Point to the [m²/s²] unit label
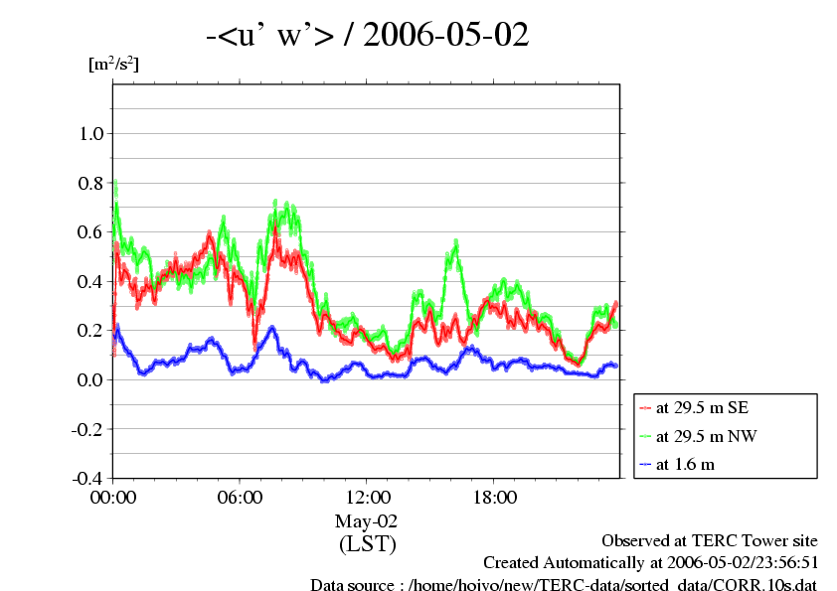[x=113, y=66]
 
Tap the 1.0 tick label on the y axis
[x=91, y=134]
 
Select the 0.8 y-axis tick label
[x=91, y=183]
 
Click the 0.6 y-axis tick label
[x=91, y=232]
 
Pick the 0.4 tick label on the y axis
[x=91, y=281]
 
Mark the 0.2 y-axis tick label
[x=91, y=331]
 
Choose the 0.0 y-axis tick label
[x=91, y=379]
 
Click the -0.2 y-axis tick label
[x=88, y=429]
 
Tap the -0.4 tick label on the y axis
[x=88, y=478]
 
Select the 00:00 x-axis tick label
[x=113, y=498]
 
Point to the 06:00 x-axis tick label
[x=241, y=498]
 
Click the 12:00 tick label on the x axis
[x=368, y=498]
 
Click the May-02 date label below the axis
[x=368, y=520]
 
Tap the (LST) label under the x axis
[x=368, y=544]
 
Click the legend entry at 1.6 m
[x=685, y=463]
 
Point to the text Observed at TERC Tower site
[x=710, y=540]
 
